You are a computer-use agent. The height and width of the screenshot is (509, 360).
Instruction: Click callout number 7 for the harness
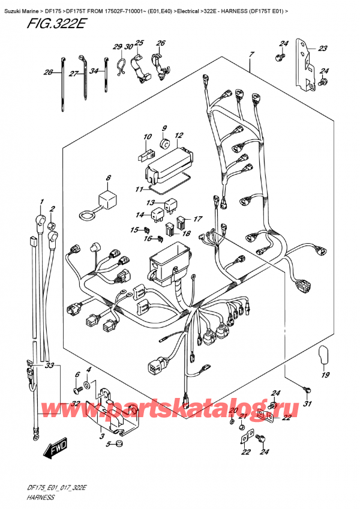pyautogui.click(x=251, y=55)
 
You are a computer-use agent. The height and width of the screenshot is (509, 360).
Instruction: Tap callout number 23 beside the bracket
pyautogui.click(x=323, y=49)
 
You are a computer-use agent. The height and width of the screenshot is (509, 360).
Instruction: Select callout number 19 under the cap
pyautogui.click(x=326, y=376)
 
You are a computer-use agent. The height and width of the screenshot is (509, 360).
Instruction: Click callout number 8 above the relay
pyautogui.click(x=109, y=178)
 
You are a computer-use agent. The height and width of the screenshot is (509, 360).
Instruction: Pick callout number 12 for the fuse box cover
pyautogui.click(x=179, y=136)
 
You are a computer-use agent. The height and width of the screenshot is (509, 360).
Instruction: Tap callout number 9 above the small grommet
pyautogui.click(x=164, y=128)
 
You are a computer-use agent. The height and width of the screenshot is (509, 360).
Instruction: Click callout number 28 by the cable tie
pyautogui.click(x=47, y=73)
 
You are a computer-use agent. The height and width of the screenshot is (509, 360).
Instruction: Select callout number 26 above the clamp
pyautogui.click(x=160, y=43)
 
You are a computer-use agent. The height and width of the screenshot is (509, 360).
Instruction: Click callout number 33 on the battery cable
pyautogui.click(x=49, y=366)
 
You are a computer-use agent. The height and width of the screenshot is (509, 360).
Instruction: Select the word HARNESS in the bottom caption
pyautogui.click(x=41, y=498)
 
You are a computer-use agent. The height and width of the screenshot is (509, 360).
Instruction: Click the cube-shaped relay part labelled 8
pyautogui.click(x=108, y=197)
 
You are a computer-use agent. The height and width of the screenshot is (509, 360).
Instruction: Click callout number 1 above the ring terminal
pyautogui.click(x=41, y=200)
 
